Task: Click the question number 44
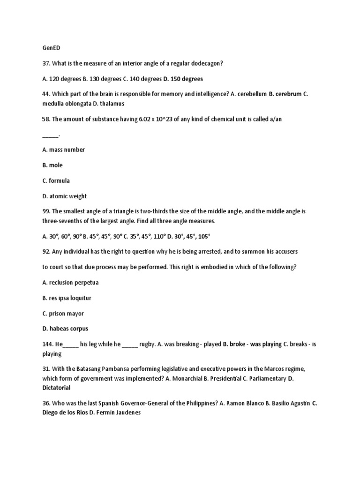(x=46, y=94)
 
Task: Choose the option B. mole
(x=52, y=165)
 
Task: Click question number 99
(x=46, y=211)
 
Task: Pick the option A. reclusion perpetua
(x=70, y=283)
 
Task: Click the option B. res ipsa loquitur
(x=67, y=298)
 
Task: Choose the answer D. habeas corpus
(x=65, y=329)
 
